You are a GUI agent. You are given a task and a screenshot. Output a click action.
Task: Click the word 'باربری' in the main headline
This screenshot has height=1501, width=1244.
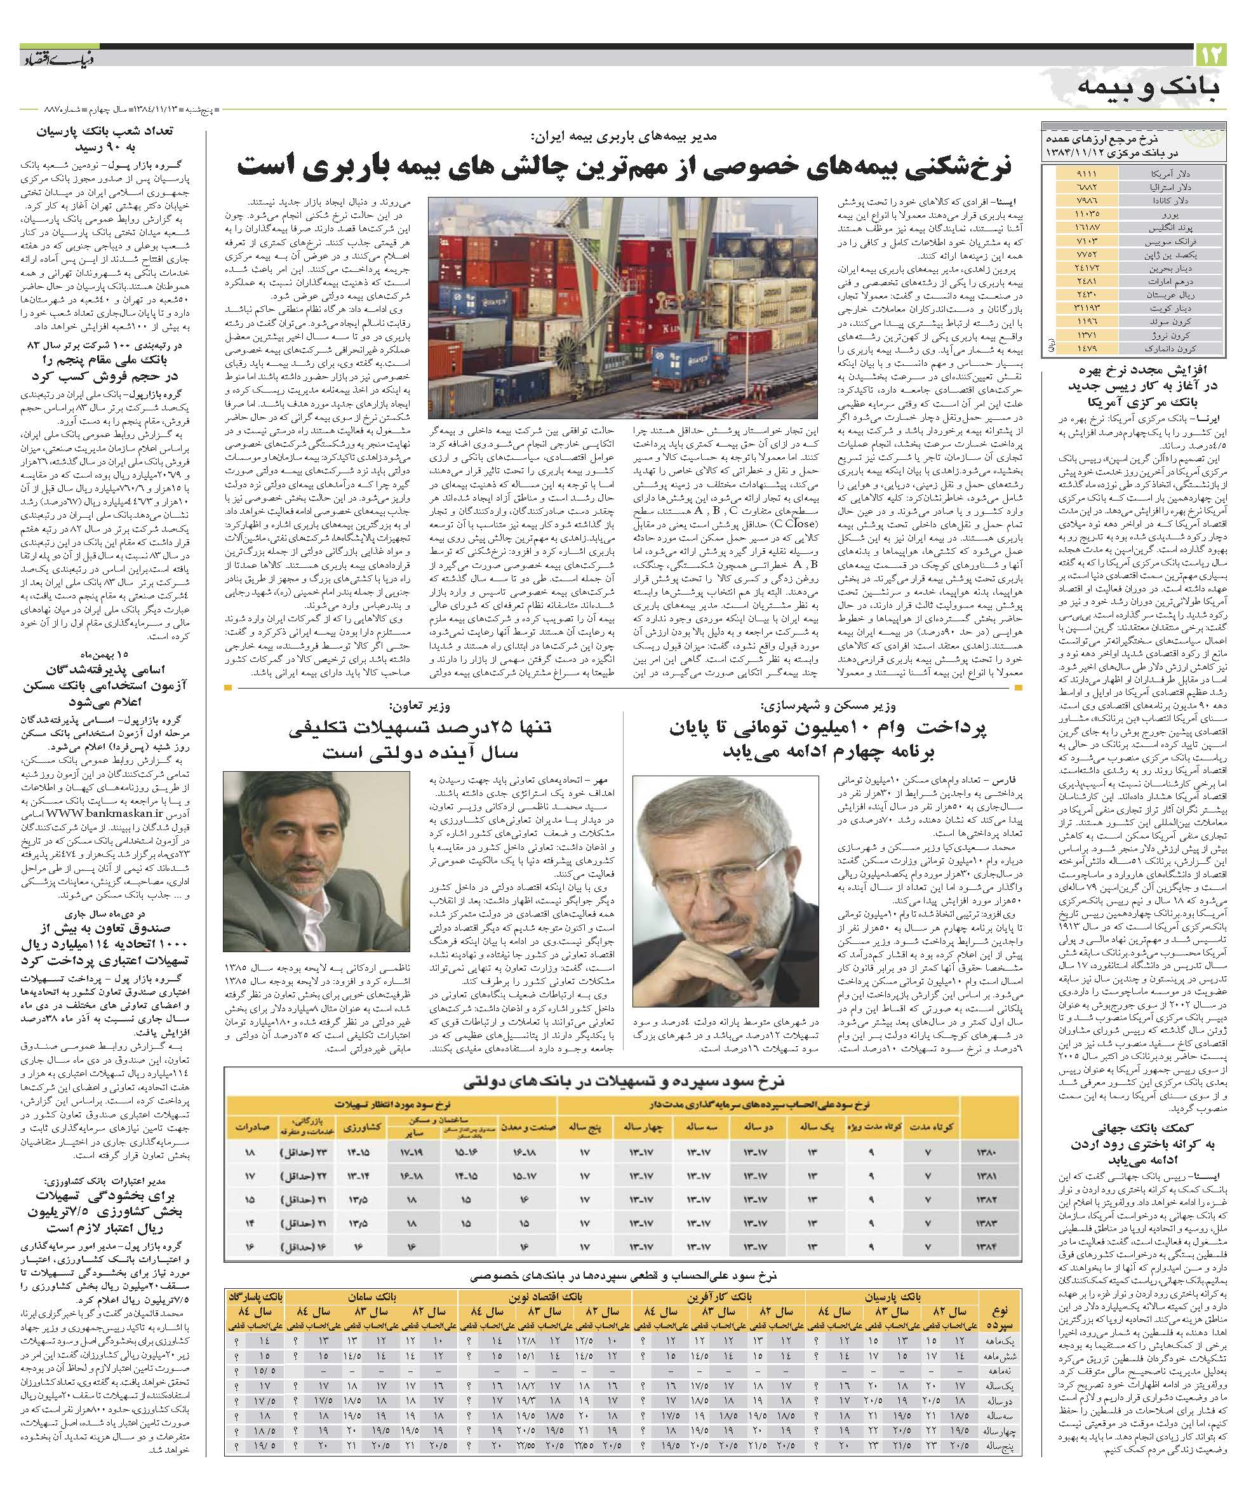tap(364, 165)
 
